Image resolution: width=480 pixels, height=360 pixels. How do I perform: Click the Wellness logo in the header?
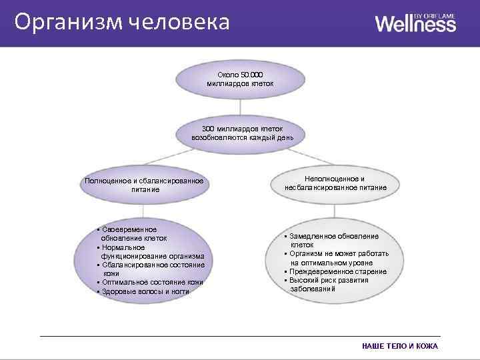[x=415, y=24]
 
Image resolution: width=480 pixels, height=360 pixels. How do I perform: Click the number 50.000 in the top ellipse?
[x=252, y=74]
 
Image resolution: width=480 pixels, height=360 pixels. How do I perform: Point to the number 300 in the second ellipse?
[x=209, y=128]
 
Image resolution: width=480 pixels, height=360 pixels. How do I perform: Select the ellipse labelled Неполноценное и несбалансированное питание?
[x=335, y=184]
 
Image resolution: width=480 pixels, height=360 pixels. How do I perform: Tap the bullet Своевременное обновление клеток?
[x=133, y=233]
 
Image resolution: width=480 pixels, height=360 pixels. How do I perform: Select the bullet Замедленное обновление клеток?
[x=333, y=240]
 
